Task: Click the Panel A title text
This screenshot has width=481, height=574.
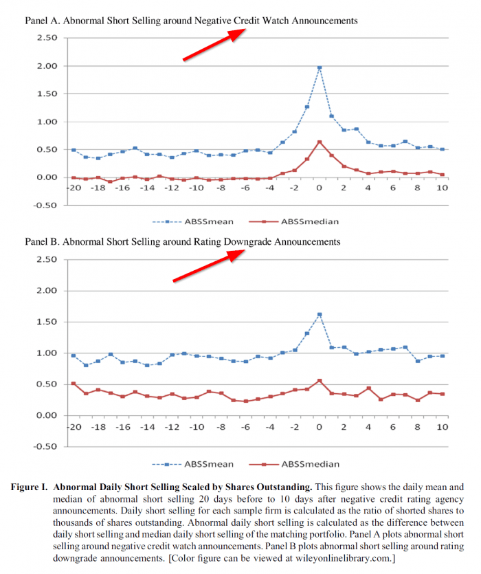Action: pos(191,21)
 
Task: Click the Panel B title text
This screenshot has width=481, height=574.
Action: pos(182,242)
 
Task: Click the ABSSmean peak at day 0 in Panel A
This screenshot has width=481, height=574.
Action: pos(320,68)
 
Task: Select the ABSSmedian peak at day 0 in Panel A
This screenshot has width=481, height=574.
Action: pos(320,142)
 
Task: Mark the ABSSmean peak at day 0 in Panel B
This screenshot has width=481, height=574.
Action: pos(320,315)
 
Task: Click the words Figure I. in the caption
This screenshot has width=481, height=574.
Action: pos(30,487)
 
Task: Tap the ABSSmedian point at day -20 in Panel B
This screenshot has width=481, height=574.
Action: pos(74,384)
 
